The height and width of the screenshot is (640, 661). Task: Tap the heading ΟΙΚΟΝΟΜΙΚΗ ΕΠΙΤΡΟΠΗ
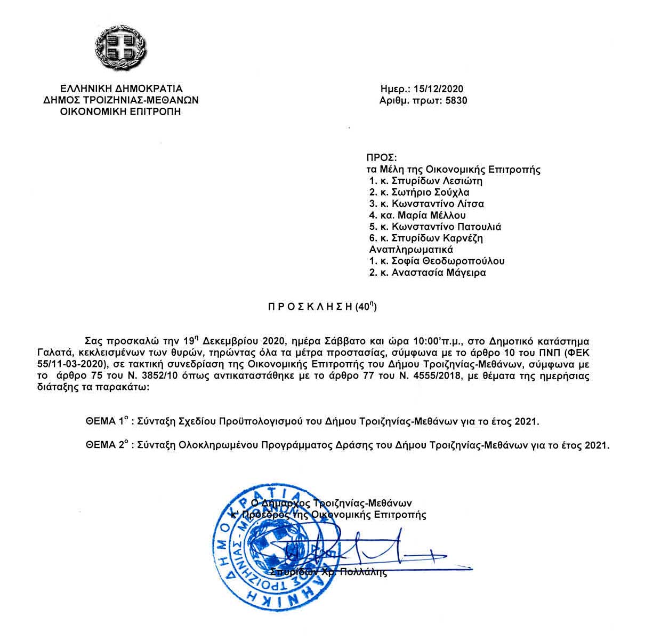[x=120, y=111]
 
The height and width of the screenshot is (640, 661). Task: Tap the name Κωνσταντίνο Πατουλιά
[x=447, y=227]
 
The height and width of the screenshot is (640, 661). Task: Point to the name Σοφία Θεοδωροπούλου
[x=448, y=261]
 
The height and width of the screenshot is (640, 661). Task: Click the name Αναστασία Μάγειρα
[x=439, y=273]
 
